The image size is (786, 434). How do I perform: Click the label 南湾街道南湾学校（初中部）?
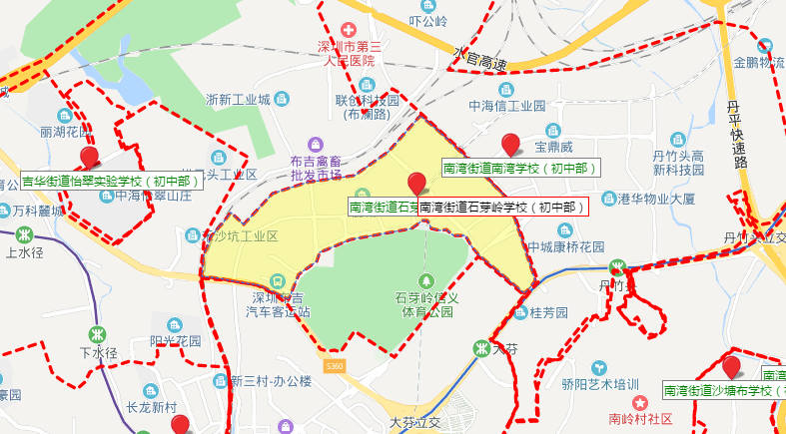pos(521,169)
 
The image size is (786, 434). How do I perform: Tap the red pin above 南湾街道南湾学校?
pos(510,145)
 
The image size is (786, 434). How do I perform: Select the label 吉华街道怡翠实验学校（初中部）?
pos(112,182)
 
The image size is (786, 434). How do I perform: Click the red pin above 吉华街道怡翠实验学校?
pos(90,157)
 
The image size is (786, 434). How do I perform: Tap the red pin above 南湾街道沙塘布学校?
pos(731,367)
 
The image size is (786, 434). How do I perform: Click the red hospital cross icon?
pos(348,31)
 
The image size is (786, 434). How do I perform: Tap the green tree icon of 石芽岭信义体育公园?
pos(427,281)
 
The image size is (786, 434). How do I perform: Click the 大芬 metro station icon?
pos(481,348)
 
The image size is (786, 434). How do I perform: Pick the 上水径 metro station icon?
pos(24,236)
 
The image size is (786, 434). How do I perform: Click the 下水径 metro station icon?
pos(98,335)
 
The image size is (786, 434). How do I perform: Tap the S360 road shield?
pos(337,368)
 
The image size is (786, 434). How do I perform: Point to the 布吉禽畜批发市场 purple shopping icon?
pos(316,145)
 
